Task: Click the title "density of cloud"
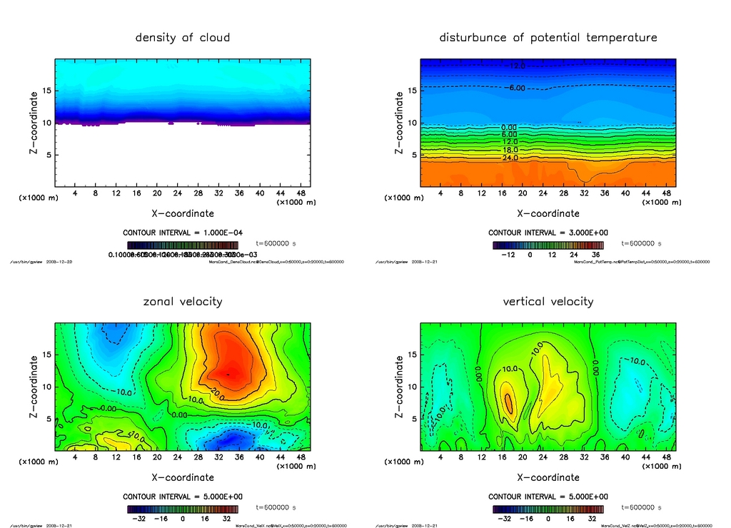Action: coord(183,37)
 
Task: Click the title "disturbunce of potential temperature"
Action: coord(548,37)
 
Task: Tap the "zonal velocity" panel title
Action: coord(183,301)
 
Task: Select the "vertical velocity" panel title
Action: coord(548,301)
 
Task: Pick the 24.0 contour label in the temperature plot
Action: coord(510,157)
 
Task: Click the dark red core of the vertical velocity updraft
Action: coord(509,402)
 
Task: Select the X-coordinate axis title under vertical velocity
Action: coord(548,477)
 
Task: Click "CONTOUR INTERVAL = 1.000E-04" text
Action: coord(183,233)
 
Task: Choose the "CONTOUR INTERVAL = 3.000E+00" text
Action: coord(548,233)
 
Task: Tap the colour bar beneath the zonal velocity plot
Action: coord(183,509)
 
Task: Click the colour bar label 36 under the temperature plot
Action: coord(593,254)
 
